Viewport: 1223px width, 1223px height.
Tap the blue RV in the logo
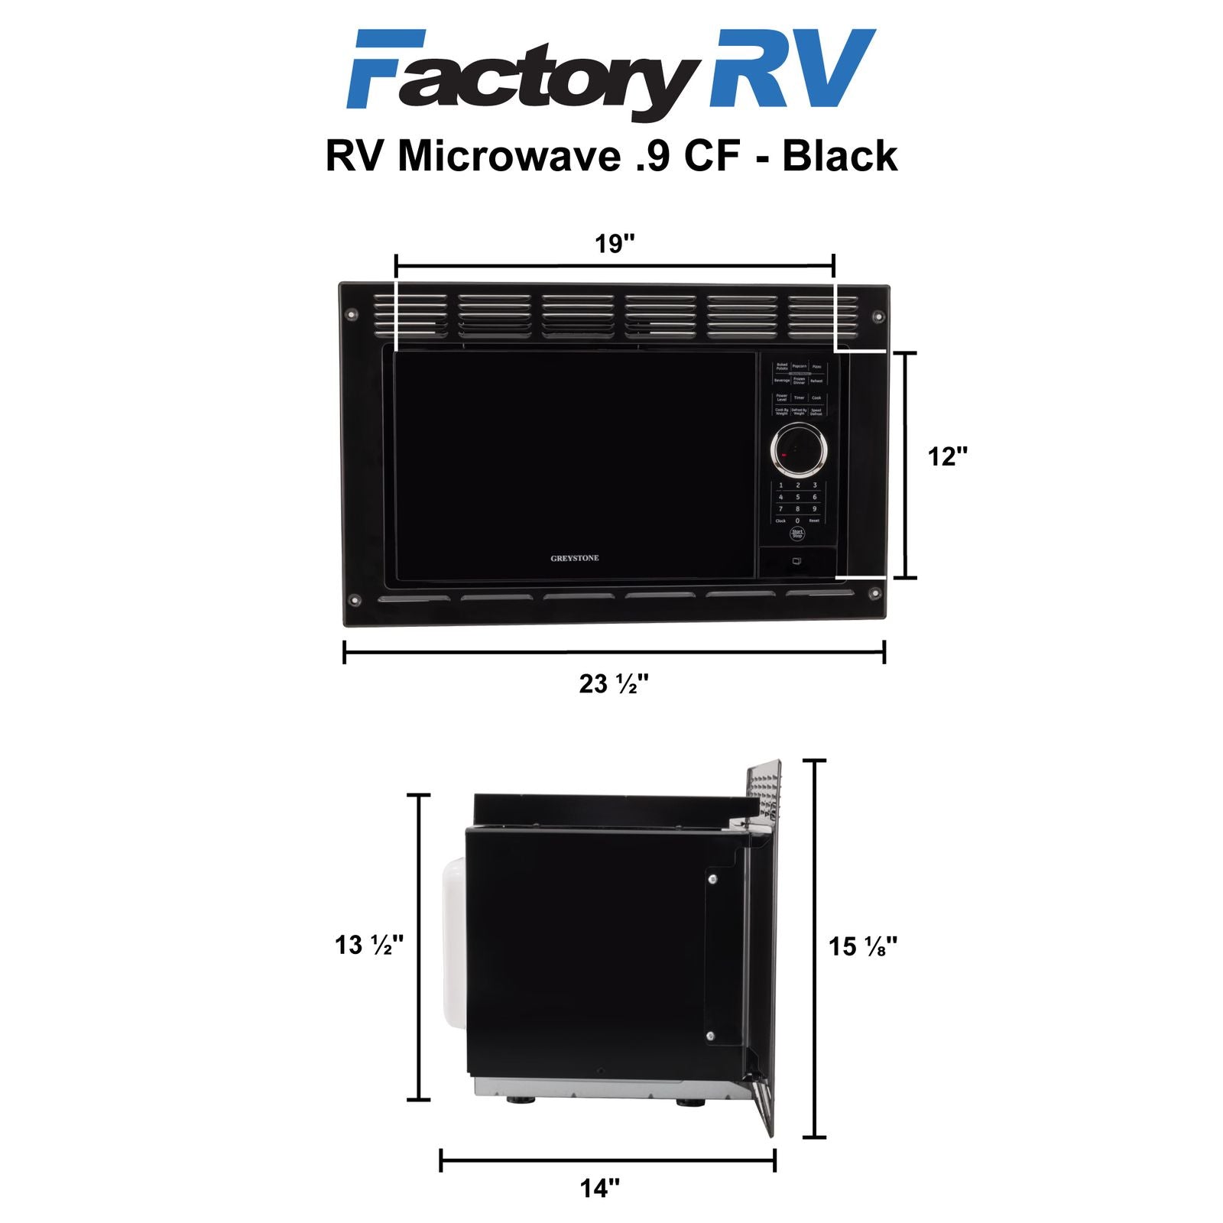[x=791, y=69]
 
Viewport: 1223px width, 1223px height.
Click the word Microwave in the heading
[x=509, y=156]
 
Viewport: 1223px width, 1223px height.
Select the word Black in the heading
[x=839, y=156]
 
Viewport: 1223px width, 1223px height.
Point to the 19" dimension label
[x=615, y=244]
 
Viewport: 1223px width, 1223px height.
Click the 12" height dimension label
[x=948, y=456]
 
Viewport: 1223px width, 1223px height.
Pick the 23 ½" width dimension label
[x=614, y=683]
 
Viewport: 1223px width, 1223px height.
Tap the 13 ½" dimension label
[x=368, y=945]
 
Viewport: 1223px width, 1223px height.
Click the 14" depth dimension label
[x=600, y=1189]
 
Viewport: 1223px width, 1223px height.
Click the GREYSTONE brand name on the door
[x=575, y=558]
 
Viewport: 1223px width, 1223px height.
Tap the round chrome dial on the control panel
[x=799, y=449]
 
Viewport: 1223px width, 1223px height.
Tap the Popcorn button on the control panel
[x=800, y=367]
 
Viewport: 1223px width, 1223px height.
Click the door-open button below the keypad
[x=796, y=562]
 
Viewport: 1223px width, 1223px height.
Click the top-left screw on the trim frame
[x=352, y=313]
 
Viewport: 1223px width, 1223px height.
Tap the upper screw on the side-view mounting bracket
[x=712, y=879]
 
